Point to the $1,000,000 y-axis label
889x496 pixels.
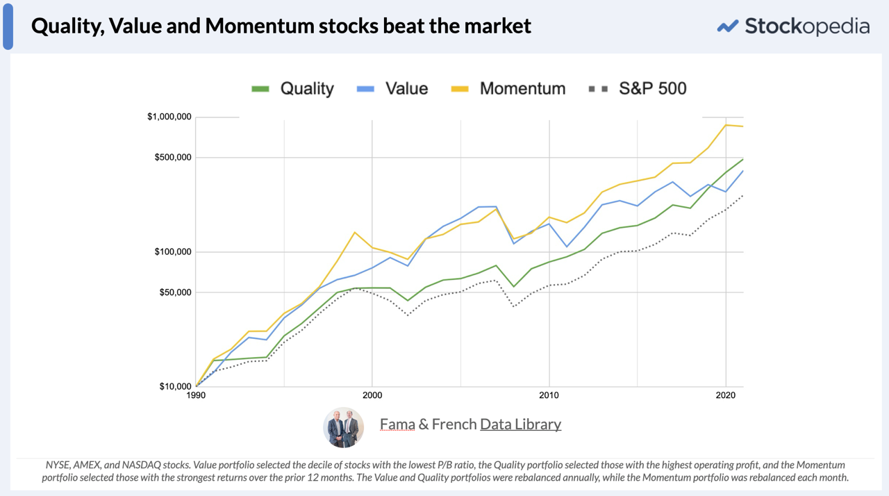coord(169,117)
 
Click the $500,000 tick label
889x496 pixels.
coord(173,158)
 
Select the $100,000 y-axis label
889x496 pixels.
coord(173,251)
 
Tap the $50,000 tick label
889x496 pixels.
coord(175,292)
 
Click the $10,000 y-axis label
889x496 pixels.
coord(175,386)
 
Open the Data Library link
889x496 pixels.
coord(520,424)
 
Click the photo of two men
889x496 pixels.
coord(344,427)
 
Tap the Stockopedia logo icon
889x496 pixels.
coord(727,26)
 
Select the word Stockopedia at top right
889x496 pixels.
coord(806,26)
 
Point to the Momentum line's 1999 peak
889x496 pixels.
coord(355,232)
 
